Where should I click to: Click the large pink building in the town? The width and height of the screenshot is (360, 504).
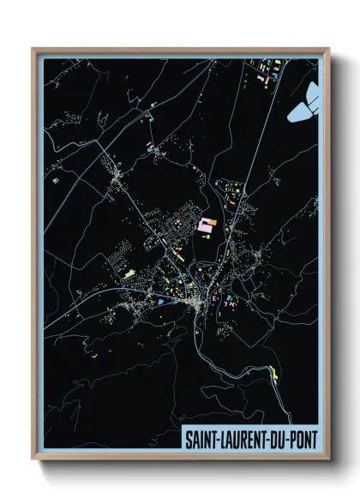click(207, 225)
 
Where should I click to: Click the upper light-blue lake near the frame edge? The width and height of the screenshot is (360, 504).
click(312, 91)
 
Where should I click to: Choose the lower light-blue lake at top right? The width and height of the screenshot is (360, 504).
click(300, 110)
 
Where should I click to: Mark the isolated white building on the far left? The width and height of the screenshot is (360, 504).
click(55, 181)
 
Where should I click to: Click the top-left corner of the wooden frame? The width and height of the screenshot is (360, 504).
click(33, 49)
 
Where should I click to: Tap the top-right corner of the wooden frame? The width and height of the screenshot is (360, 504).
click(329, 49)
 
